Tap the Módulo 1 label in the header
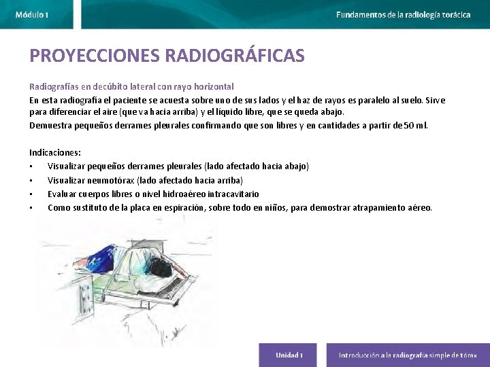(x=32, y=14)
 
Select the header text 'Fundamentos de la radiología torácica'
(x=403, y=14)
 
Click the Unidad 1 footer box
(x=289, y=355)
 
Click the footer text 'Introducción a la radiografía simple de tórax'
(x=408, y=355)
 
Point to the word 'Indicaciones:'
(x=54, y=153)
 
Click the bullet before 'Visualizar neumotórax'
(x=31, y=181)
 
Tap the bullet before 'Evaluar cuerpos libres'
(x=31, y=194)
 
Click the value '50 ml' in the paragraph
(x=414, y=126)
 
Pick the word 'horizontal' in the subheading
(x=212, y=87)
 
